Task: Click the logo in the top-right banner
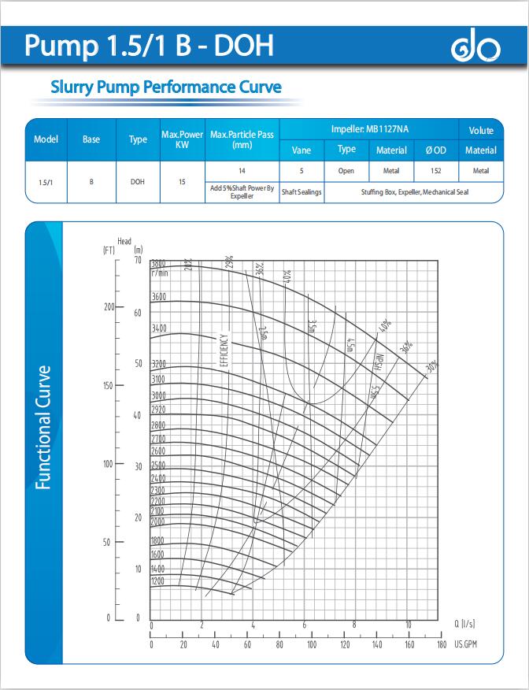[475, 49]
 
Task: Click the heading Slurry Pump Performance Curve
[165, 87]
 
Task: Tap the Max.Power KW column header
[182, 139]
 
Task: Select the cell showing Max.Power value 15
[182, 182]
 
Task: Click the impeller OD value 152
[436, 170]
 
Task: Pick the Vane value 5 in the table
[301, 170]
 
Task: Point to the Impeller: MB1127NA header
[369, 128]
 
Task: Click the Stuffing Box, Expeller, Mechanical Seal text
[414, 192]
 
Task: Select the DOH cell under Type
[137, 182]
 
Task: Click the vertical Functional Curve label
[44, 426]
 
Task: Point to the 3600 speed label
[158, 297]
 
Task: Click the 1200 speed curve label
[158, 581]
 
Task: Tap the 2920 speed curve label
[158, 410]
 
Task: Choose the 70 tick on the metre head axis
[138, 260]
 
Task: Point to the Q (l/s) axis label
[464, 624]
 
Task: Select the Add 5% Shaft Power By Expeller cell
[242, 192]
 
